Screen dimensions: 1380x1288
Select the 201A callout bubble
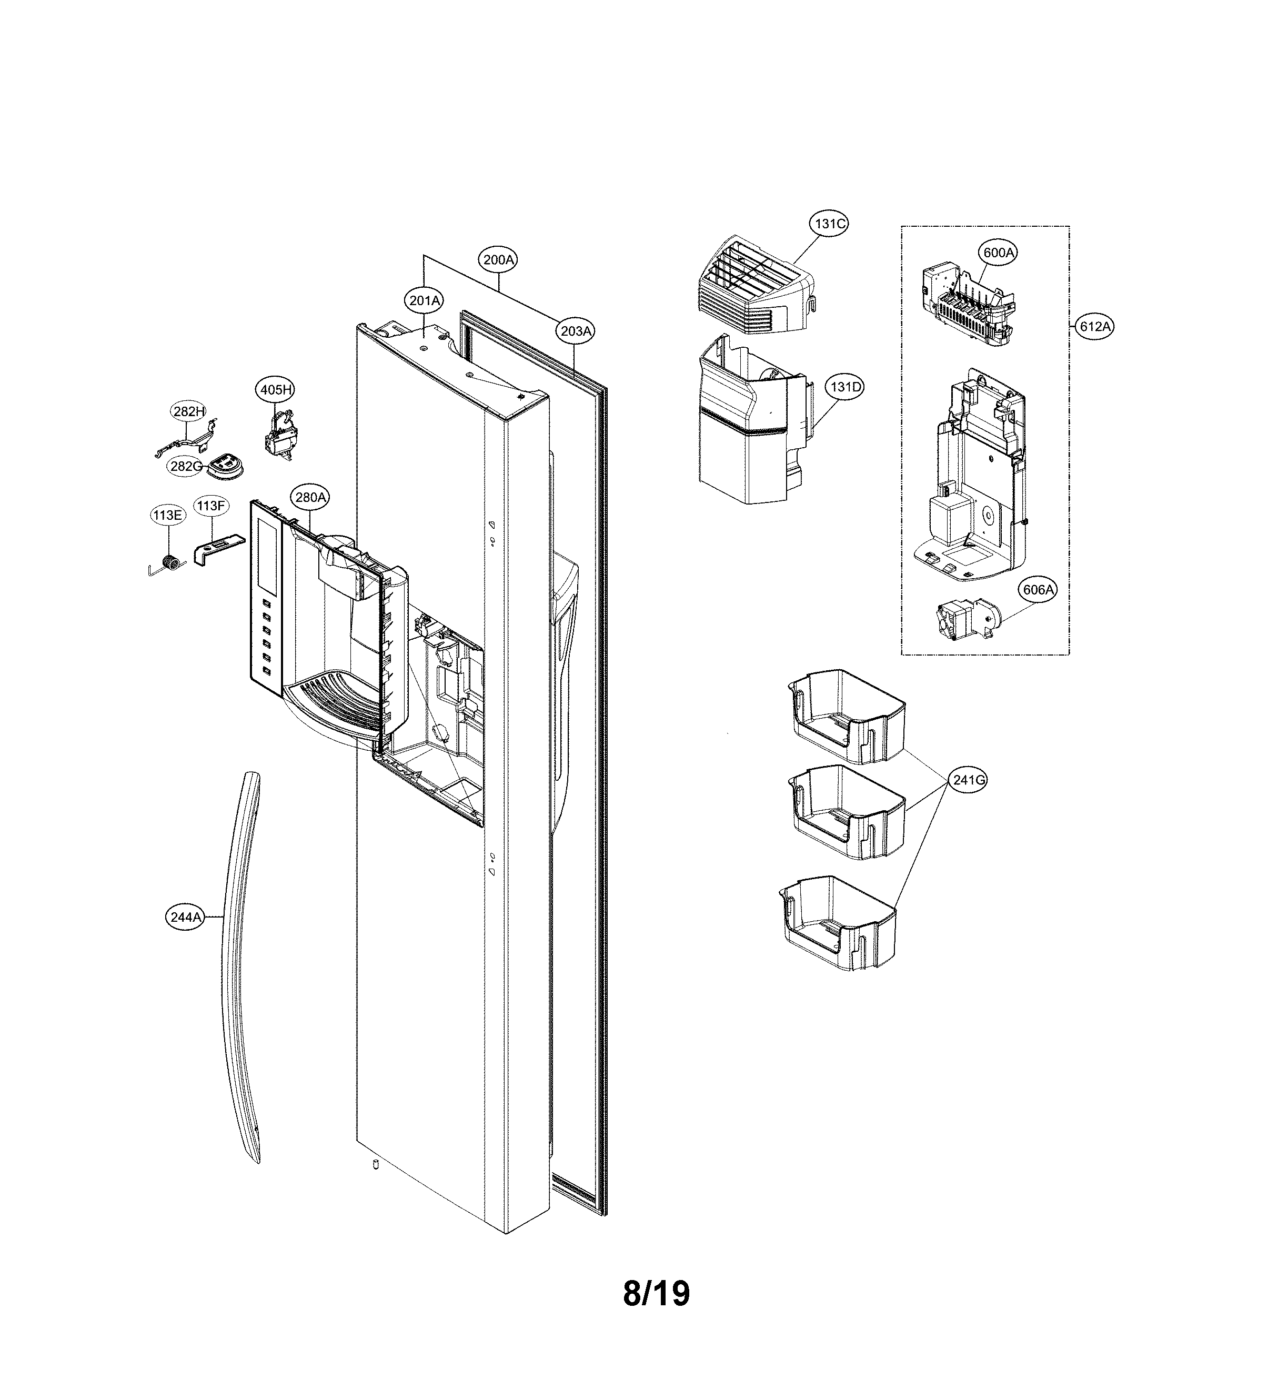[424, 300]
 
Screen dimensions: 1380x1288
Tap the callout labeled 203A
[576, 331]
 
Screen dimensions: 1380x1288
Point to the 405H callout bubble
[275, 389]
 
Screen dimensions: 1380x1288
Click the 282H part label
[189, 411]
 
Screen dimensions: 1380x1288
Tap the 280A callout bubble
[310, 497]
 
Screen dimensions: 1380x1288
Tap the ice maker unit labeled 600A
[969, 306]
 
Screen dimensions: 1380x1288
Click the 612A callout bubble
[1095, 326]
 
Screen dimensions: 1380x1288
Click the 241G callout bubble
[969, 780]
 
